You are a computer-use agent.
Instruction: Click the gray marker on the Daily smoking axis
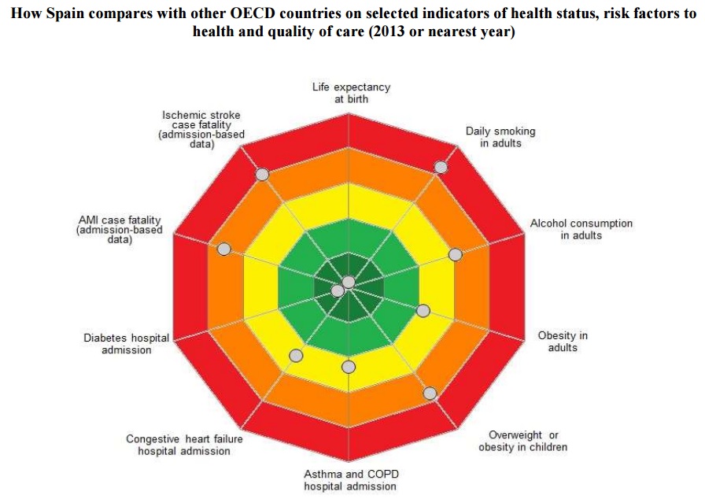tap(441, 167)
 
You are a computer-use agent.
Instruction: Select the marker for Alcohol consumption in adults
tap(455, 254)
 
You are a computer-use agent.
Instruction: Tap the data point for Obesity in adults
tap(423, 311)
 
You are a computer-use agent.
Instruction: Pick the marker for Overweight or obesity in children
tap(430, 393)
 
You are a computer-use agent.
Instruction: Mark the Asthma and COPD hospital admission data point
tap(349, 367)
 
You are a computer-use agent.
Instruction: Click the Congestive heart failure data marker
tap(296, 356)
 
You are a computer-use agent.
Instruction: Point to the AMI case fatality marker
tap(223, 249)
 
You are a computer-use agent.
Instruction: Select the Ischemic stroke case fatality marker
tap(262, 174)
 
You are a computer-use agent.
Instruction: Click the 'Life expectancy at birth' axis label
tap(351, 93)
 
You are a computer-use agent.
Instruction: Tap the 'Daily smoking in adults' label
tap(500, 137)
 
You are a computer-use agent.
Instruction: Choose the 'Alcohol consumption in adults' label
tap(581, 229)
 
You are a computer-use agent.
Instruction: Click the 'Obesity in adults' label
tap(563, 342)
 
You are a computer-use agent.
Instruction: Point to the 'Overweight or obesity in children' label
tap(522, 441)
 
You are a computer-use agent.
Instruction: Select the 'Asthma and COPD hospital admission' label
tap(350, 480)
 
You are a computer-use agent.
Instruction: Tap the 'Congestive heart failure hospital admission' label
tap(183, 445)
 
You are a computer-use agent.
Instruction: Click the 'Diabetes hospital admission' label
tap(126, 344)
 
